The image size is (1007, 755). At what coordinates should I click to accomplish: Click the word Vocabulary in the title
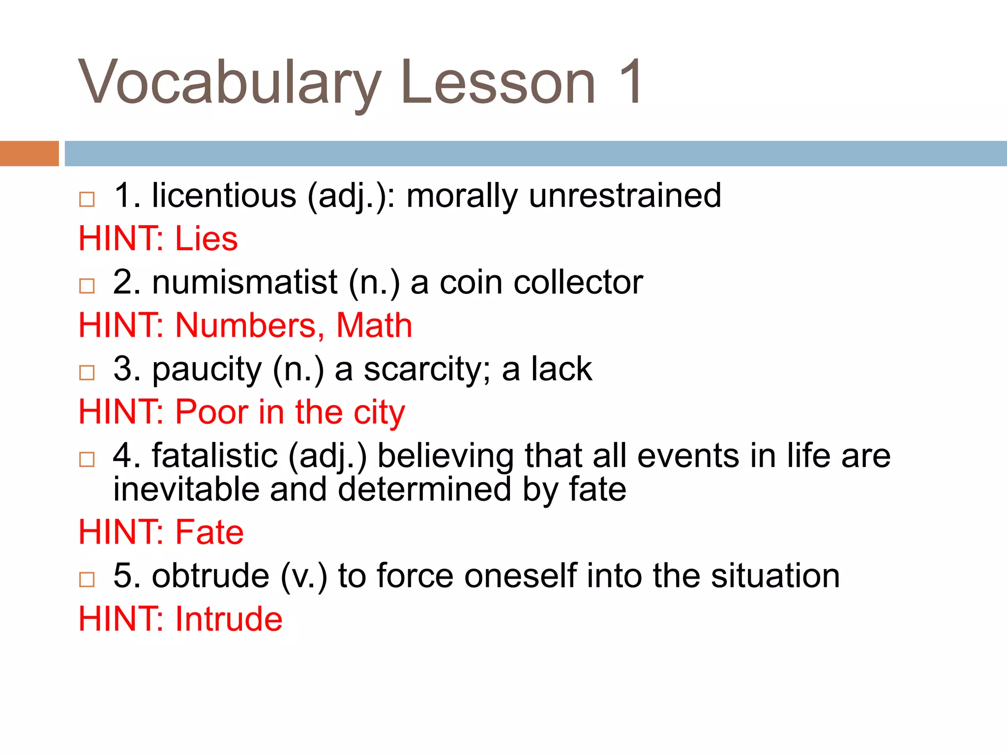pos(229,83)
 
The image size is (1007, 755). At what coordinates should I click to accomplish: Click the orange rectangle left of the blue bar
pos(29,153)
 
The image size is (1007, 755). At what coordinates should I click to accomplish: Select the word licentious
pos(224,196)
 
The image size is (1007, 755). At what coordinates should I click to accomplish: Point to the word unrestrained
pos(625,196)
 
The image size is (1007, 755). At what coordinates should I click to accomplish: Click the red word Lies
pos(207,239)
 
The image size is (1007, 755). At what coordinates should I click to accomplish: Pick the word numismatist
pos(245,283)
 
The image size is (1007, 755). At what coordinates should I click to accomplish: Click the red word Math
pos(374,325)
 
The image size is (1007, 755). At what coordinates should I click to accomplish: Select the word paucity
pos(207,370)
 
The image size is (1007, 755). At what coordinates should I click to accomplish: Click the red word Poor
pos(211,412)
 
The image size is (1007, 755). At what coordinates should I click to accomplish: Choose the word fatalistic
pos(215,456)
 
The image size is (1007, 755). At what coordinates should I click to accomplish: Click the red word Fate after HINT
pos(209,532)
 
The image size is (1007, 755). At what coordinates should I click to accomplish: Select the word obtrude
pos(210,576)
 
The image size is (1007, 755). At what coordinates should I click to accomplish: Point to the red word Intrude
pos(229,619)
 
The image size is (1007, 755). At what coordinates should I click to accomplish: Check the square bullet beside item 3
pos(87,373)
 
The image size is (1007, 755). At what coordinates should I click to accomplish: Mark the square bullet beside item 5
pos(87,580)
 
